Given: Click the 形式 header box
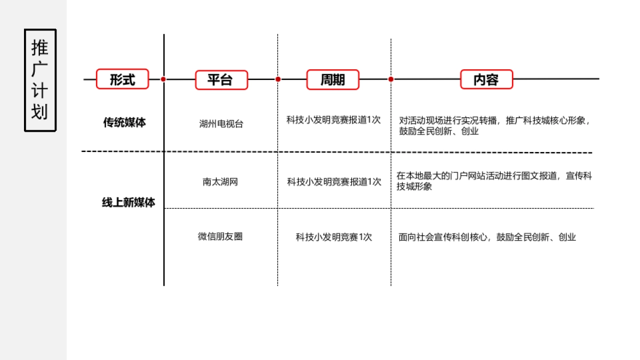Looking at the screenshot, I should (122, 79).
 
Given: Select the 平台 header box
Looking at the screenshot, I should (221, 79).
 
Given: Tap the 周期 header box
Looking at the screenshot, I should (333, 79).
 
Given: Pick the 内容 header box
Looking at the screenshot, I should (486, 79).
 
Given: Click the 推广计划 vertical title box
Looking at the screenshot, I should (40, 80).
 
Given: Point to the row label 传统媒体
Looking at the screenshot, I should (124, 123).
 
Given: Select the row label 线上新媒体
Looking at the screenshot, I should (129, 203).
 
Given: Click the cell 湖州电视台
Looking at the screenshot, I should (221, 124).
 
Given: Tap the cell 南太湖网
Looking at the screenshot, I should (220, 182).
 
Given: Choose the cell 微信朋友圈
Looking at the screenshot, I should (220, 236).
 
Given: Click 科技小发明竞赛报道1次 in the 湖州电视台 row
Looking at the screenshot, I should (333, 120).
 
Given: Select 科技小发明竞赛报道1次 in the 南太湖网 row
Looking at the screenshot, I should (334, 182).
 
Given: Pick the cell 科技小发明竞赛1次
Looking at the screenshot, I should (334, 237).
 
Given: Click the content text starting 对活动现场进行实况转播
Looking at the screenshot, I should (494, 125).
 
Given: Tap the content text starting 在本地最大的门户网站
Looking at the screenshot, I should (494, 181).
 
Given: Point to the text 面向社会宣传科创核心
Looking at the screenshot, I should (487, 237).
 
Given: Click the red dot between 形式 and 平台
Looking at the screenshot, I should (163, 79).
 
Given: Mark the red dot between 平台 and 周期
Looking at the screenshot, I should (278, 79).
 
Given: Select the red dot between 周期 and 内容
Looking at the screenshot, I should (391, 79).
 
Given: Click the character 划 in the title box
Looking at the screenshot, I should (40, 112).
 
